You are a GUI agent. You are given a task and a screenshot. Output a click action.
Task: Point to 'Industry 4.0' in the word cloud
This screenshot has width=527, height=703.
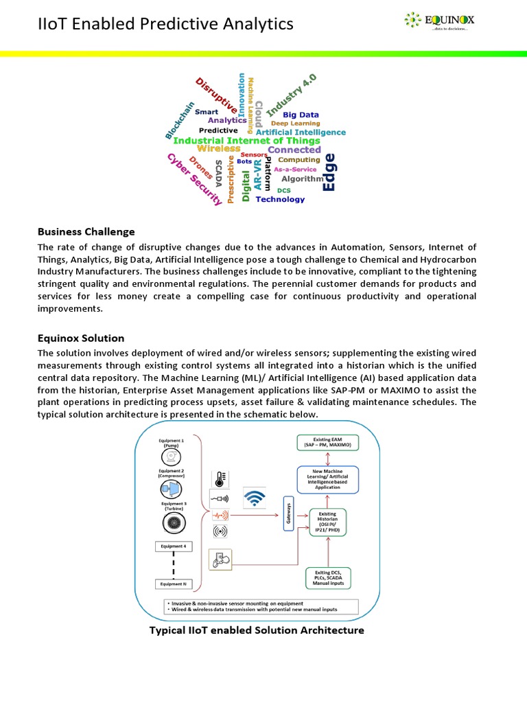click(x=291, y=95)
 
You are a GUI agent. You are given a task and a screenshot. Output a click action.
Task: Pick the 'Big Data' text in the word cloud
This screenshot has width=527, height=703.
click(x=301, y=115)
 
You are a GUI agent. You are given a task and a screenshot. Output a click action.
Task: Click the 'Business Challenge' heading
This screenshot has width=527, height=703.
click(x=86, y=231)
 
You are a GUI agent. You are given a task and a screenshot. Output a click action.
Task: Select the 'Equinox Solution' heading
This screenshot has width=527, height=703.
click(x=81, y=338)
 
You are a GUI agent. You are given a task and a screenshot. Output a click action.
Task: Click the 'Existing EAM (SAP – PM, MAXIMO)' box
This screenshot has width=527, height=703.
click(x=327, y=442)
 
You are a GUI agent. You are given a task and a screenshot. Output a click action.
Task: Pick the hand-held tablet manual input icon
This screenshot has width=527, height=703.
click(x=220, y=559)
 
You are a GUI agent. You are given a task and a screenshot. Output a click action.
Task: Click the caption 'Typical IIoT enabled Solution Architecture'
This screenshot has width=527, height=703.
click(x=257, y=630)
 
